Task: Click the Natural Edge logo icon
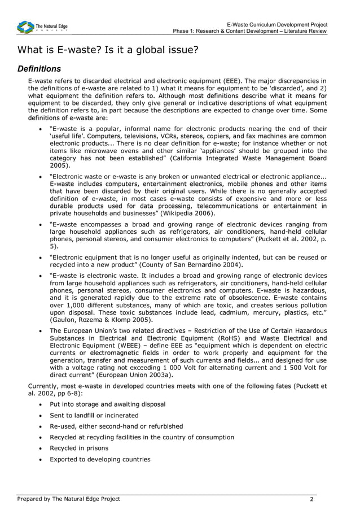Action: pos(25,27)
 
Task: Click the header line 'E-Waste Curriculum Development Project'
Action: pos(276,24)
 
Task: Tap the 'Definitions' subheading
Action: pos(39,69)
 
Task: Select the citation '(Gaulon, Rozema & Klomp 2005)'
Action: pos(97,319)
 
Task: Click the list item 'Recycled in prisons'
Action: pos(79,448)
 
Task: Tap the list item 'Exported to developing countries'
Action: pos(100,459)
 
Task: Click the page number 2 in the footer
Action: pos(311,499)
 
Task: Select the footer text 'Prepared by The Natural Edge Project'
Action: pos(68,499)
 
